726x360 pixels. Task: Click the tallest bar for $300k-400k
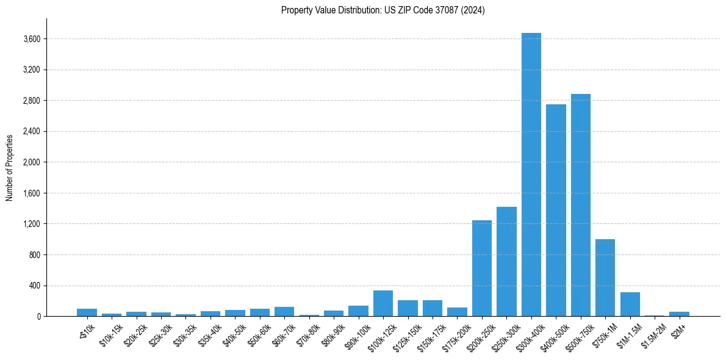pos(531,175)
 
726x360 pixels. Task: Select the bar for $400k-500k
pos(556,210)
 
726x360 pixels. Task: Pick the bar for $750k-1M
pos(605,278)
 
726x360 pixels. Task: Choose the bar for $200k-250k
pos(482,268)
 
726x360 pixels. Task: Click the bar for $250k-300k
pos(506,262)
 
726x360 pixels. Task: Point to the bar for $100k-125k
pos(383,303)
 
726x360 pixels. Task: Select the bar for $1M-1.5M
pos(630,304)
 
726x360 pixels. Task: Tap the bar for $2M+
pos(679,314)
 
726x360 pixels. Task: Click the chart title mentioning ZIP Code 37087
pos(383,10)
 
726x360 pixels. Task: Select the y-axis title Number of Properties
pos(10,168)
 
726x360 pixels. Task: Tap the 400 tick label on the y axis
pos(34,286)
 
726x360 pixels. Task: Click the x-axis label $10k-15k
pos(110,332)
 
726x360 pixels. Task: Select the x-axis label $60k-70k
pos(283,332)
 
